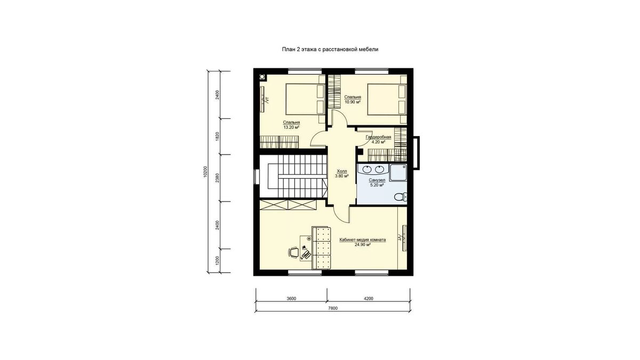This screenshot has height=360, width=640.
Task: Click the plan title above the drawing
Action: pos(330,50)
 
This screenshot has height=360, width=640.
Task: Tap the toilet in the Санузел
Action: pos(401,197)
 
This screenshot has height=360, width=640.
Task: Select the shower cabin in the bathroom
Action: pos(398,173)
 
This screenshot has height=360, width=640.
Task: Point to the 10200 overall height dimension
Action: pos(205,172)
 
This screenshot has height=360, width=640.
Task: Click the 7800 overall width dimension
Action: pos(333,308)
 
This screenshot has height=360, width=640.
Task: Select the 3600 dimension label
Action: pos(291,299)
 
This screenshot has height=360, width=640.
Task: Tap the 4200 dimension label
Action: pos(369,299)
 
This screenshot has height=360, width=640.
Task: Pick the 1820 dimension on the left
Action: pos(218,137)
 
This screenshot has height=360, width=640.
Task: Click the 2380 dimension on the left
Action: pos(218,178)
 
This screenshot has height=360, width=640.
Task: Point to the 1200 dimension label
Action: pos(218,261)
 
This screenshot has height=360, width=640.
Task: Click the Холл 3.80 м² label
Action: pos(342,173)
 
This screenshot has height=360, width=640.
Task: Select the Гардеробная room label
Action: pos(378,137)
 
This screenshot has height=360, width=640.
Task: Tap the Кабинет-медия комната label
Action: pos(363,239)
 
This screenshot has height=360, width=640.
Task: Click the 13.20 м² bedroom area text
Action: pos(291,127)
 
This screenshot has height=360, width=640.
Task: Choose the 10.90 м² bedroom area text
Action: pos(353,102)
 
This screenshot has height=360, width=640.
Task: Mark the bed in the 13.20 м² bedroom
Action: pos(305,99)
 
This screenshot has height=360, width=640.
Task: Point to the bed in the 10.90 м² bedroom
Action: pos(387,99)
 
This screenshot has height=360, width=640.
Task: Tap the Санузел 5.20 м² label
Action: pos(377,182)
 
